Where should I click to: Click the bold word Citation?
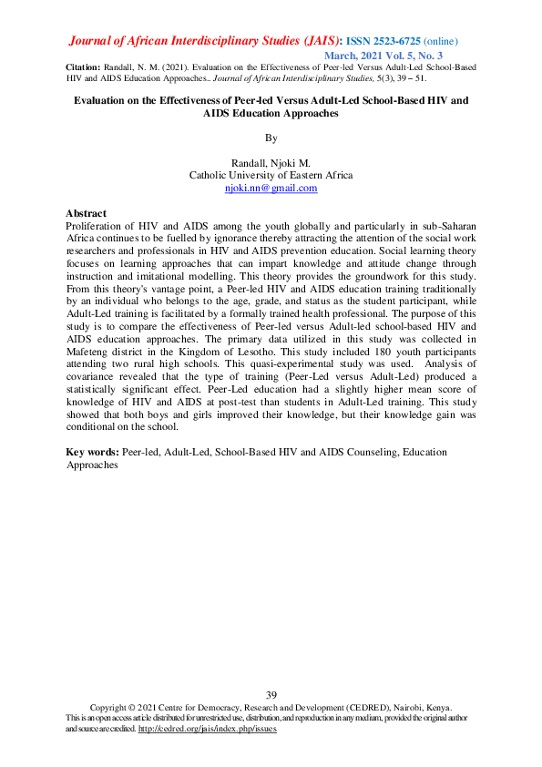point(85,68)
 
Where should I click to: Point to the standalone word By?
point(271,138)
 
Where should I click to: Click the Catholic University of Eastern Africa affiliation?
point(271,175)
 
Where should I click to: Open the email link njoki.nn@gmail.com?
point(271,188)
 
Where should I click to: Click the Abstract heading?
point(87,213)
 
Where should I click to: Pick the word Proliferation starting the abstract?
point(95,224)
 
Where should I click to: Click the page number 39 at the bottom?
point(271,696)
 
